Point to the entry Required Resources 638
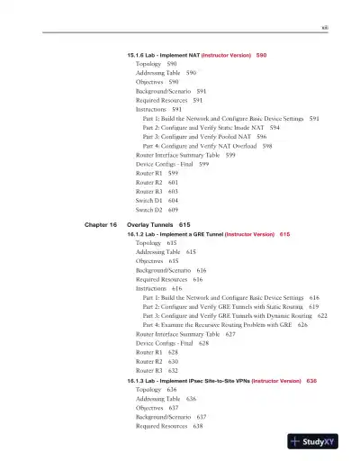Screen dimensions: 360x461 [x=168, y=426]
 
